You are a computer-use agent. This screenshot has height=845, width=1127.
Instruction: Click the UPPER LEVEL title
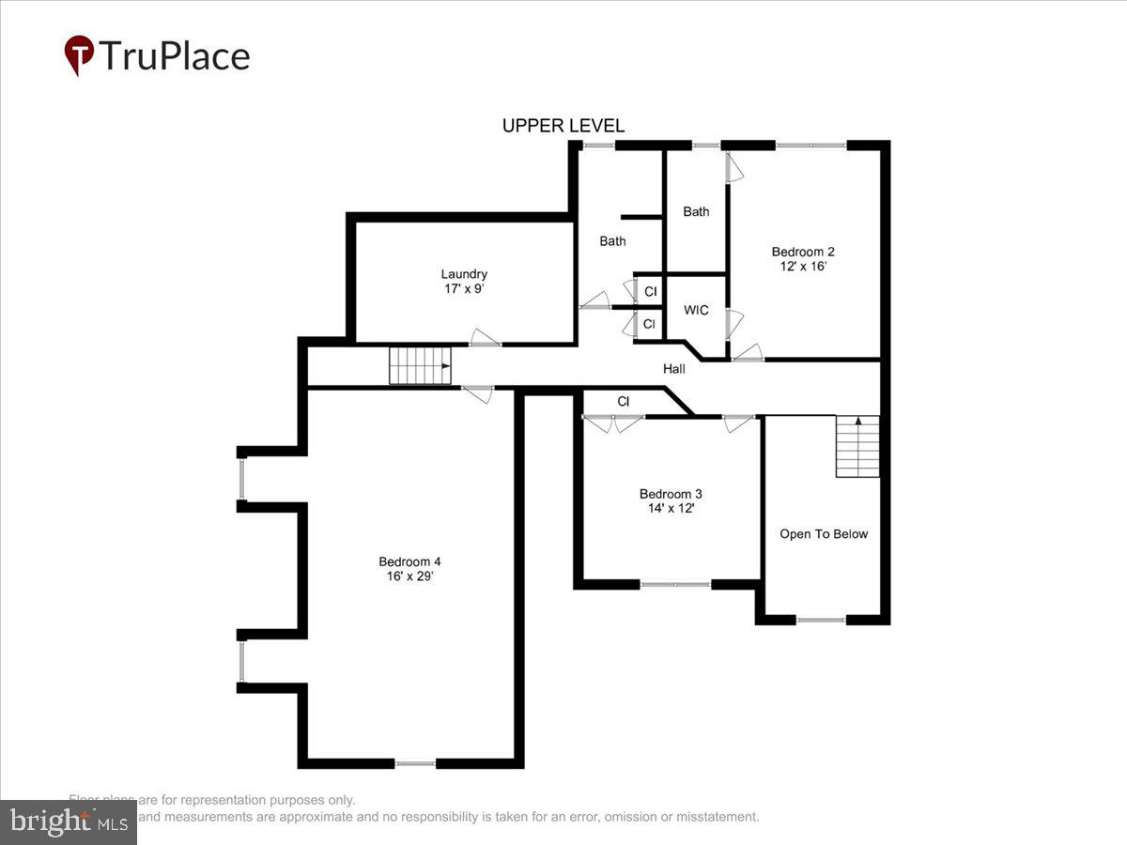[563, 126]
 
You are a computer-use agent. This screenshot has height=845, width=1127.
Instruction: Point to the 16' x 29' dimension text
[409, 576]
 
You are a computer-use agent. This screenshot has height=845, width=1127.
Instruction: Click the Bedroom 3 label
[671, 494]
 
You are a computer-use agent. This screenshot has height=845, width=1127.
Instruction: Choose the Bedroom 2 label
[803, 252]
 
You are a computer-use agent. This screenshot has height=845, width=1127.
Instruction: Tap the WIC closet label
[696, 310]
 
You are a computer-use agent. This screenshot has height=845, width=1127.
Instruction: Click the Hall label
[674, 369]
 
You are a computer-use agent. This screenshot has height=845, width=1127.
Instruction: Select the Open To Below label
[824, 534]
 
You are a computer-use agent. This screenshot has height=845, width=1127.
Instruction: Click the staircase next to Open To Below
[857, 446]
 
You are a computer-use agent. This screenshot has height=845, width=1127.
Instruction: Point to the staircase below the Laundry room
[420, 365]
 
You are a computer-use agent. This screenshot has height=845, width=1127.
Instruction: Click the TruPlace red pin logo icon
[78, 55]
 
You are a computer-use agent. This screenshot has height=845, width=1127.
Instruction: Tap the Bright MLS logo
[68, 822]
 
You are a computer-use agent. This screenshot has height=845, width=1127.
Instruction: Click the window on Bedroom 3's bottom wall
[675, 584]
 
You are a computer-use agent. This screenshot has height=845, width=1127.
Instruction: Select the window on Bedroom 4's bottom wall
[415, 763]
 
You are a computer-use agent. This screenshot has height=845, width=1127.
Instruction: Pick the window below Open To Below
[821, 620]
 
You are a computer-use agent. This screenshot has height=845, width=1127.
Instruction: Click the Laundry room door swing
[485, 338]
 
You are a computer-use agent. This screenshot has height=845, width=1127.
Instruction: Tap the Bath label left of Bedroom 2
[696, 211]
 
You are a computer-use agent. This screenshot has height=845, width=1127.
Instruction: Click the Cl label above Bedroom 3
[623, 402]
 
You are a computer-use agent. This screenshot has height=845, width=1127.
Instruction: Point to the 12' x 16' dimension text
[803, 266]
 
